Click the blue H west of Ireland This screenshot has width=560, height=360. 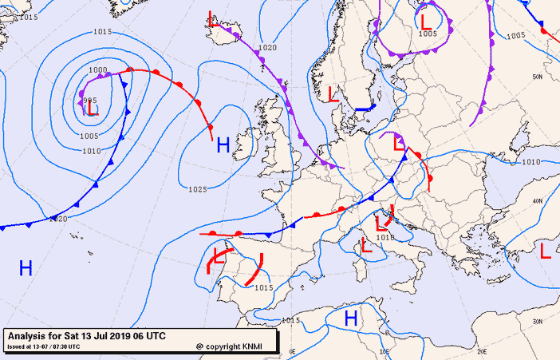click(x=223, y=144)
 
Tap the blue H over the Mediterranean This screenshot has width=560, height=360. click(x=350, y=318)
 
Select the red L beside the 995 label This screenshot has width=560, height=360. click(x=94, y=109)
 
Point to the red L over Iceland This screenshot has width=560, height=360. click(x=213, y=18)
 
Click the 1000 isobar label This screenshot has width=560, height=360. click(x=98, y=70)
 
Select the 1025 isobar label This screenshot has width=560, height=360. click(x=199, y=189)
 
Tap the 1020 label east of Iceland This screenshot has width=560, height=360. click(x=267, y=47)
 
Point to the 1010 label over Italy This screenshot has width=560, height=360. click(x=385, y=237)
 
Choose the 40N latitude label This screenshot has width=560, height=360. click(x=538, y=200)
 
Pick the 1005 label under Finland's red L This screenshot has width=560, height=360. click(x=428, y=34)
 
